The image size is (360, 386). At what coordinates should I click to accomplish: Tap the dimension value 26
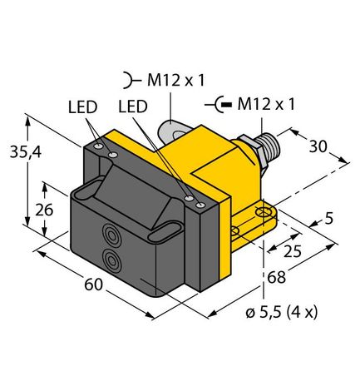46,210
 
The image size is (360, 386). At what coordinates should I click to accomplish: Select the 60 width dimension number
92,285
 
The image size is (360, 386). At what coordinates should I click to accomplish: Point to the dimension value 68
274,277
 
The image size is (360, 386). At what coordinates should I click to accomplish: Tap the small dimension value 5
330,220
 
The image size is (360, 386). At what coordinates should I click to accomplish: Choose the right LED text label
136,107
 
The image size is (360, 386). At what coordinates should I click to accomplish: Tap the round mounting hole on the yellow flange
266,215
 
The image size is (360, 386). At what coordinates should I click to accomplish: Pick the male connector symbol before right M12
222,106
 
